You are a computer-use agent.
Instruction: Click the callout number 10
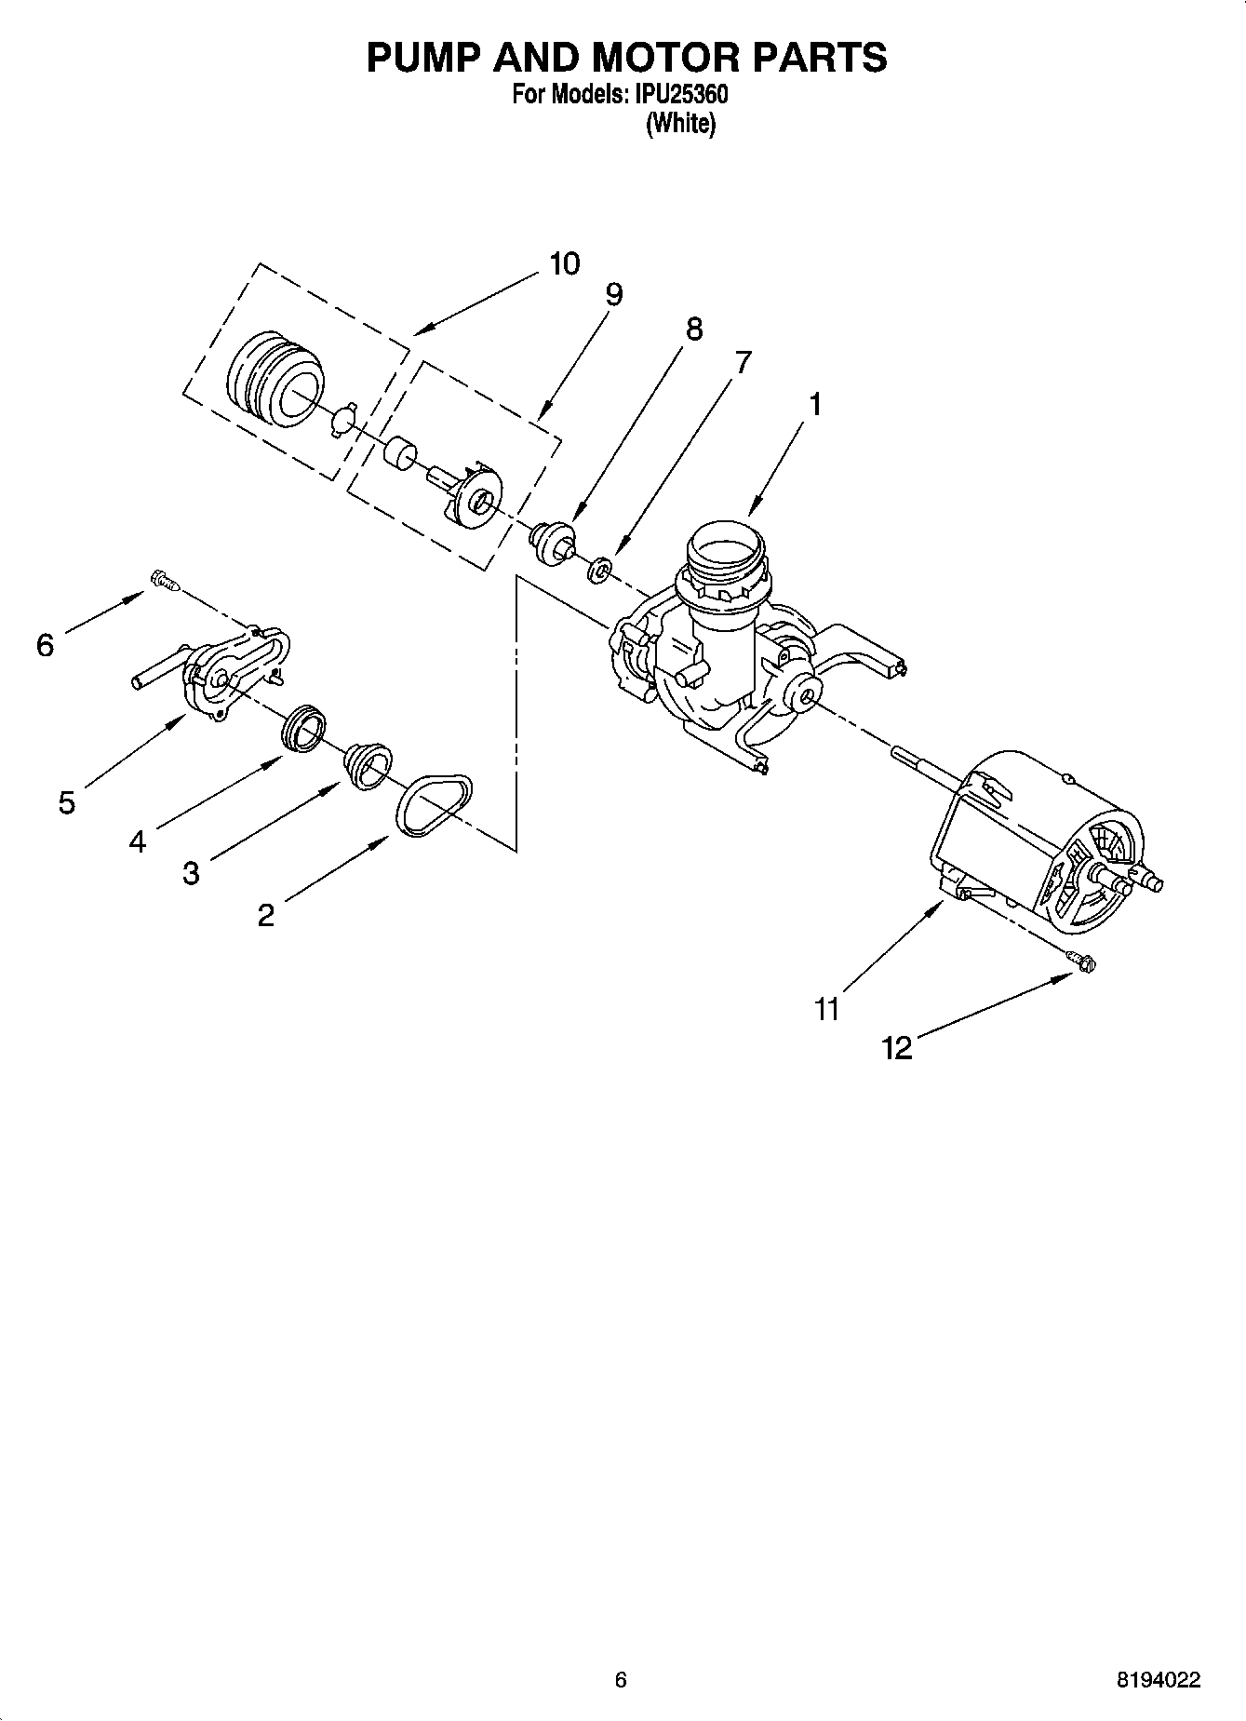point(564,263)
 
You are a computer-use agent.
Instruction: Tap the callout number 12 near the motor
point(897,1048)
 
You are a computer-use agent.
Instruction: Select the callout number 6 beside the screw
point(45,644)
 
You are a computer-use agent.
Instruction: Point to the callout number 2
point(265,915)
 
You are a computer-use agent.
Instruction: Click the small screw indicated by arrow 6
point(164,582)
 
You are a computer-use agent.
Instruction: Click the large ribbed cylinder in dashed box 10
point(275,378)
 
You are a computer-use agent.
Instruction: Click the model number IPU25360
point(681,95)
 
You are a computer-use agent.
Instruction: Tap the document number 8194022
point(1158,1680)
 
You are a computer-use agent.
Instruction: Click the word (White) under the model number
point(680,123)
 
